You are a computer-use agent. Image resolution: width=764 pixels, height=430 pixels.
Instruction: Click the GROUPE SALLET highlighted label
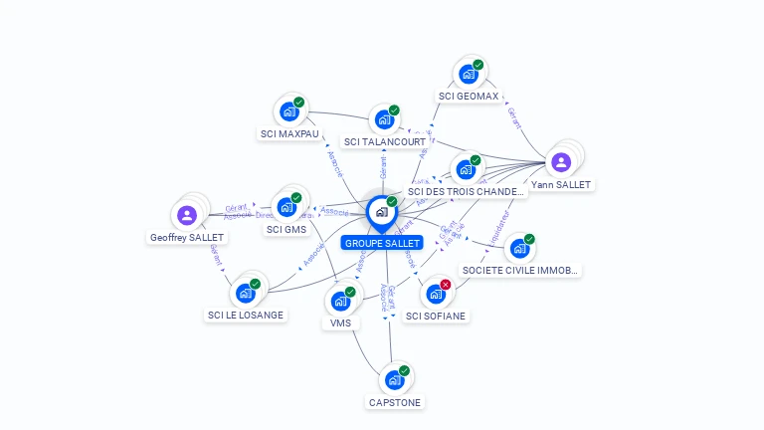382,243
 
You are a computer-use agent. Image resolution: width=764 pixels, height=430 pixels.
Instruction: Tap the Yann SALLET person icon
561,161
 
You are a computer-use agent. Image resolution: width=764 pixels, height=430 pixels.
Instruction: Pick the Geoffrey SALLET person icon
187,215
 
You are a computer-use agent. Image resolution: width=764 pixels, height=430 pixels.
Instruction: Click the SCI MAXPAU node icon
288,111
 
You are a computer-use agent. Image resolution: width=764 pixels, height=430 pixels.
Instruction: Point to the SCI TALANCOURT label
385,142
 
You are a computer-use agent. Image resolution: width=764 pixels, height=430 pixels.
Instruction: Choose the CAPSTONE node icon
394,380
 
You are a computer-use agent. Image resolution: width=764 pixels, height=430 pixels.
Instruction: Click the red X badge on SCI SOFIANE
446,285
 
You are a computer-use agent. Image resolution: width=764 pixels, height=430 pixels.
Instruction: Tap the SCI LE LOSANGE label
246,316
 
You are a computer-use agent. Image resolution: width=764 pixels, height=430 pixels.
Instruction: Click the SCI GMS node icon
286,207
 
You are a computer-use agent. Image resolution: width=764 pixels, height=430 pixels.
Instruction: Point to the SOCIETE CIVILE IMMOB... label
519,270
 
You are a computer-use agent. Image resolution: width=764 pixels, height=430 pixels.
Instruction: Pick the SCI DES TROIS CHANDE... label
466,192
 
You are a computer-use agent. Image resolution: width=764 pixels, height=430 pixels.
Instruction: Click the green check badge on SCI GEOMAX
478,65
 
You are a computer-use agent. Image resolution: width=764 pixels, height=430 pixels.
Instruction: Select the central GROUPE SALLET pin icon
381,211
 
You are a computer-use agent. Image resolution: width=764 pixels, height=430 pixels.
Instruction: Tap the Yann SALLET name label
561,185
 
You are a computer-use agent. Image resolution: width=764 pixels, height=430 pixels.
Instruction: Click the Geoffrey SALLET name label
187,238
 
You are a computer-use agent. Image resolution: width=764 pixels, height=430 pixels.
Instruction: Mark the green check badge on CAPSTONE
405,370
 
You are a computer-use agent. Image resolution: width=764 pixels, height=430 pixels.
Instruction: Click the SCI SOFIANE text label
436,317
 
